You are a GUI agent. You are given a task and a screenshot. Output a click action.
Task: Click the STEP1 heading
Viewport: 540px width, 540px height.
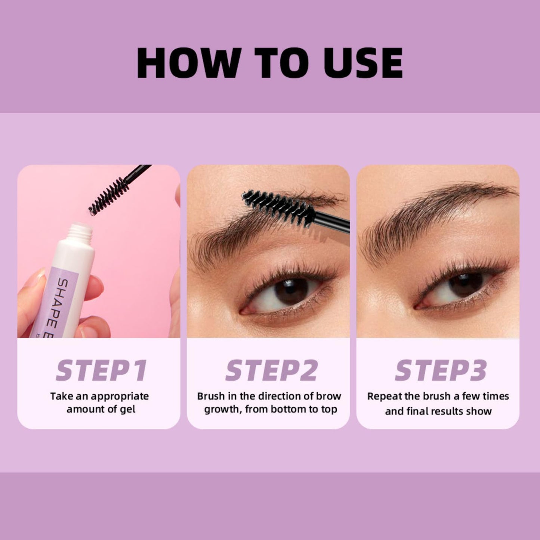(101, 371)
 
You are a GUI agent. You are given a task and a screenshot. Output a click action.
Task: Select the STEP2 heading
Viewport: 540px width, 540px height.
(271, 371)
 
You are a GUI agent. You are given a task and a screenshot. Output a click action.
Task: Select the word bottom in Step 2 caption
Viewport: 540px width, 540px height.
(288, 410)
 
